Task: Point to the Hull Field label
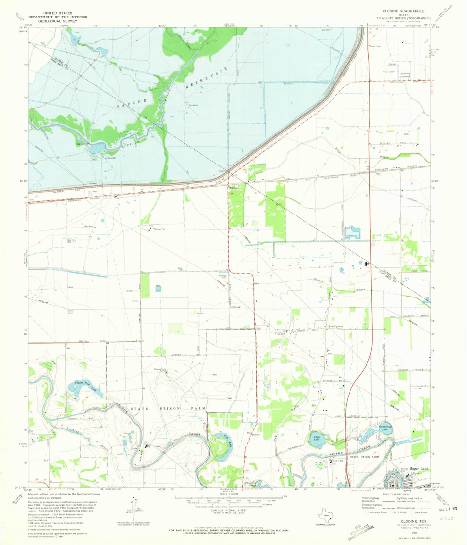(338, 461)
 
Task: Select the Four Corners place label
(336, 327)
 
